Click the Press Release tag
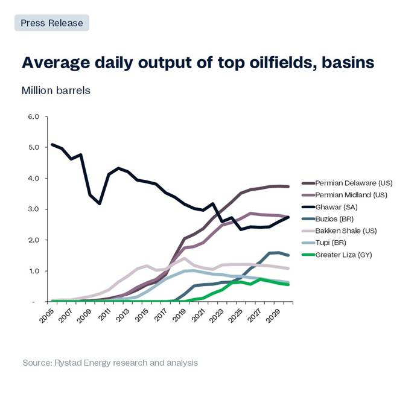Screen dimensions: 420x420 point(51,23)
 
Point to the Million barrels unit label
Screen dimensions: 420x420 point(56,91)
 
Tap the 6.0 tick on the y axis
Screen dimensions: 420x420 point(33,116)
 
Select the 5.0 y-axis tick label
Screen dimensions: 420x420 point(33,147)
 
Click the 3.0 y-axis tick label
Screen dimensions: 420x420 point(33,209)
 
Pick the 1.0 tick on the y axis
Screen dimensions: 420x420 point(33,271)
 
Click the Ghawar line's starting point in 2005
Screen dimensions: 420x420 point(52,144)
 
